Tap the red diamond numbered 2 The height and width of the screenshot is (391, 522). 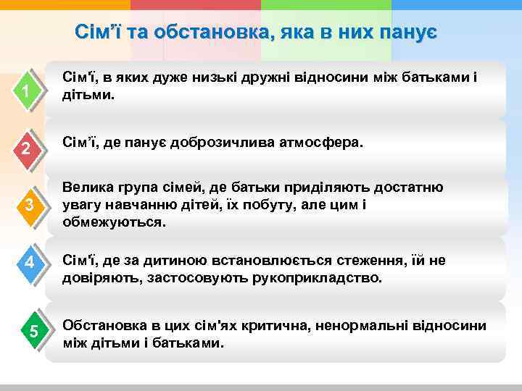coord(26,150)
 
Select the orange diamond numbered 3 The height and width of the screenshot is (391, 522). coord(28,206)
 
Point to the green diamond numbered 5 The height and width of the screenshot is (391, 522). coord(32,332)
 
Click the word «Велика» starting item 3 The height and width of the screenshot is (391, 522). coord(88,188)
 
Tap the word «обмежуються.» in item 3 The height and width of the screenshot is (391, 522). coord(114,222)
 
